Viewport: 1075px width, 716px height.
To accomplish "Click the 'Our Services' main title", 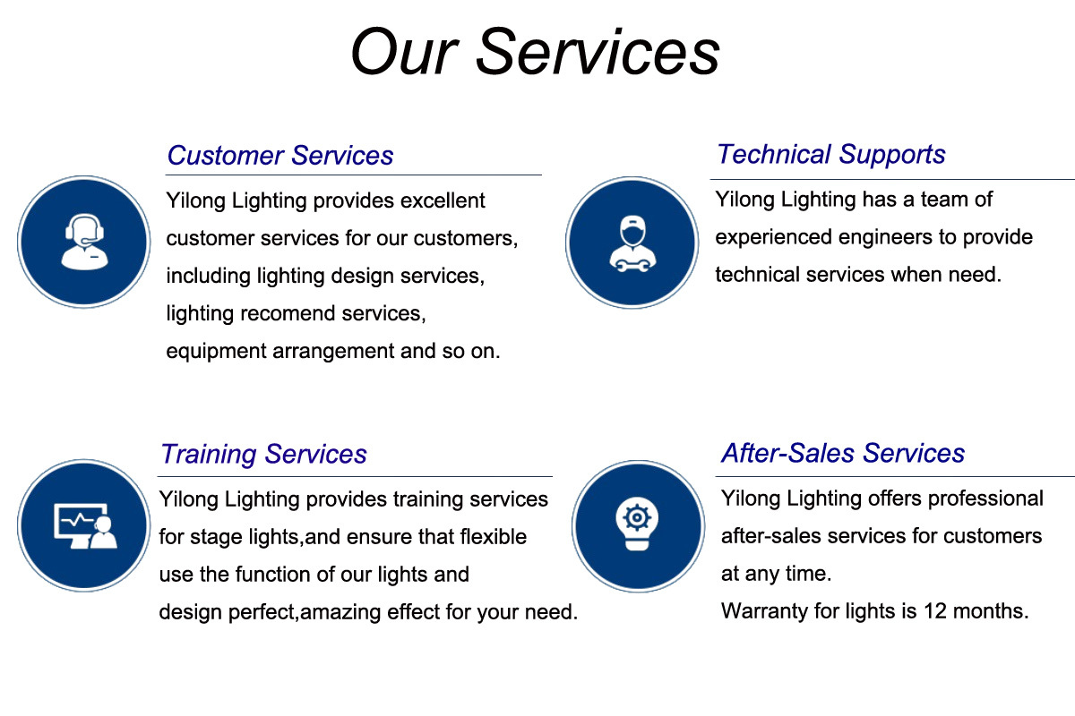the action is point(535,52).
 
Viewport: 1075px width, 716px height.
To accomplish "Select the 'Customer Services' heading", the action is point(280,156).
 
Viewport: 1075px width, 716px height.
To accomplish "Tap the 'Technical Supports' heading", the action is point(831,155).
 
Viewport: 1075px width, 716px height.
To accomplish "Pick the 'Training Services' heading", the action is point(263,454).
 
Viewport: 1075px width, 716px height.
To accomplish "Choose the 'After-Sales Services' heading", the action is point(843,453).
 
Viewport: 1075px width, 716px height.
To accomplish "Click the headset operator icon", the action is point(84,242).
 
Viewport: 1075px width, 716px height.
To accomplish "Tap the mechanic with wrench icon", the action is point(632,243).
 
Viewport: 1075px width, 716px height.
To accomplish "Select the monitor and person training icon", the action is point(85,526).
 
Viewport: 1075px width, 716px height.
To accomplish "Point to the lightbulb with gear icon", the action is point(637,524).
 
